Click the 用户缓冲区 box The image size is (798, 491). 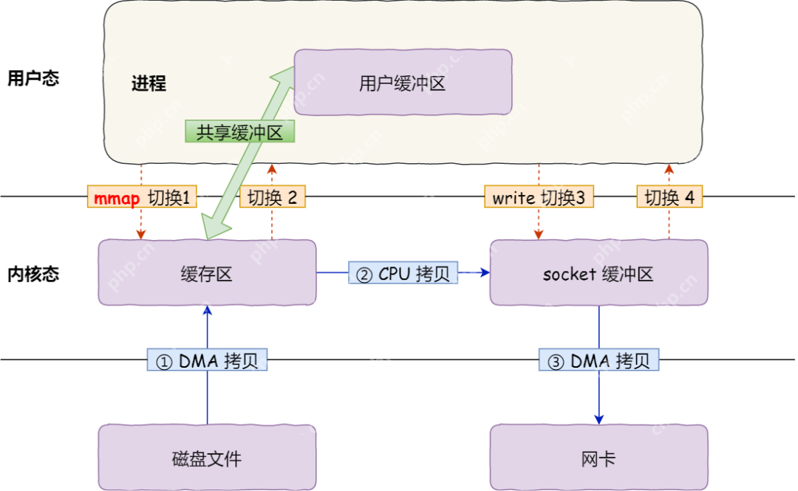(x=403, y=83)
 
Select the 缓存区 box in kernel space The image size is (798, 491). (x=207, y=272)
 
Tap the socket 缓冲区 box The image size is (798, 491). (x=598, y=272)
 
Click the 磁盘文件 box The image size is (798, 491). (x=207, y=458)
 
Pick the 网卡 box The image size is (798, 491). (x=598, y=458)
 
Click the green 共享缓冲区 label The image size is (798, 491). (x=239, y=131)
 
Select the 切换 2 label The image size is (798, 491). (x=272, y=197)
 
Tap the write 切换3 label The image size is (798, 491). (x=539, y=197)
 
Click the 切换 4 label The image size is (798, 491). (x=669, y=197)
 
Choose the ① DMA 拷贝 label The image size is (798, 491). (x=207, y=360)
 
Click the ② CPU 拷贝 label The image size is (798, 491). (x=403, y=273)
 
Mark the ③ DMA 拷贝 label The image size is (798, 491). (x=598, y=360)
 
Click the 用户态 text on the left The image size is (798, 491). (x=33, y=78)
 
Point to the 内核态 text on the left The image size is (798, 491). (x=33, y=274)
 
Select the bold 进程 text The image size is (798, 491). (x=149, y=83)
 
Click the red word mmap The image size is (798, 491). (x=117, y=197)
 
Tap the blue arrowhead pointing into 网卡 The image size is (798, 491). (x=598, y=418)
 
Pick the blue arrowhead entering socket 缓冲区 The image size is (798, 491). (x=485, y=272)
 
